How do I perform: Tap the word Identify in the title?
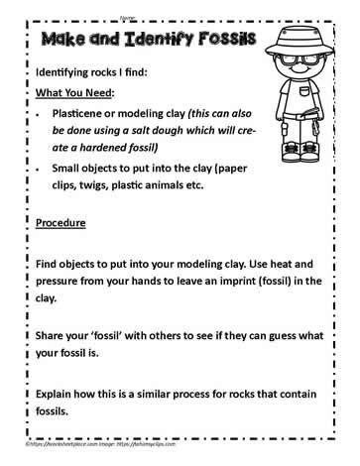coord(157,41)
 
